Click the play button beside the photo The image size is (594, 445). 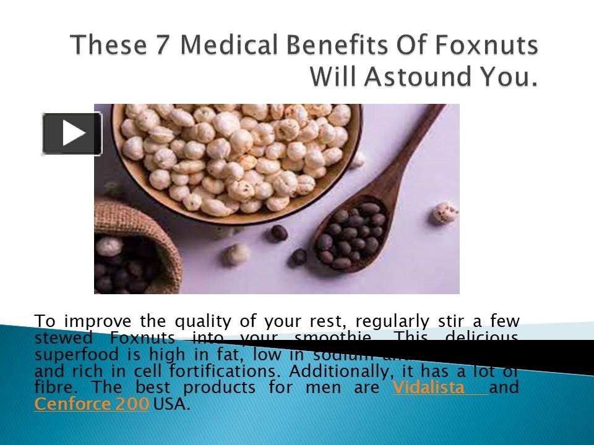click(72, 133)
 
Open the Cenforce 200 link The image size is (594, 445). click(92, 404)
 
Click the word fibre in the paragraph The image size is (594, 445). click(51, 388)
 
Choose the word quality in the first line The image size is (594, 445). click(199, 321)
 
